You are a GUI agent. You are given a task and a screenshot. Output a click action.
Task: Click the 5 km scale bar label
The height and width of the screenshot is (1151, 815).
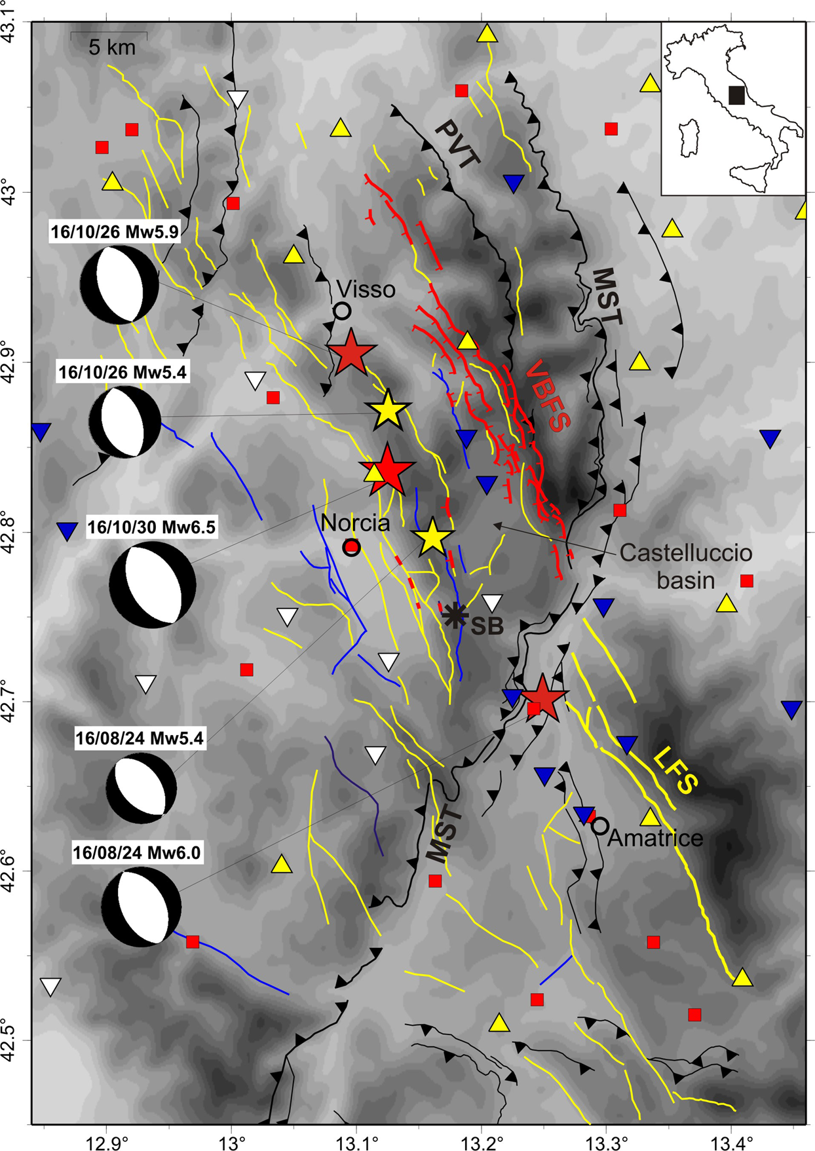[x=112, y=47]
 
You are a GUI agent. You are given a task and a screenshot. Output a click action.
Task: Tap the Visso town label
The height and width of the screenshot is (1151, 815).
[x=366, y=289]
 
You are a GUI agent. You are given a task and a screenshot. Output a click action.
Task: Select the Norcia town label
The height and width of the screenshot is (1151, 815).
[x=355, y=523]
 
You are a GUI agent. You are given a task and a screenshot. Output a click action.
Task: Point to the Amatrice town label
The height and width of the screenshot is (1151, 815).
[x=655, y=838]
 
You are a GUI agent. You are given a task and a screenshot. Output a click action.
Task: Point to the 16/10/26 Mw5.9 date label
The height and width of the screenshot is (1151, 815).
[x=115, y=232]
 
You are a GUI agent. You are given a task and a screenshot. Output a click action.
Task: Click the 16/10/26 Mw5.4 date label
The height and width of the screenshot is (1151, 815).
[x=123, y=372]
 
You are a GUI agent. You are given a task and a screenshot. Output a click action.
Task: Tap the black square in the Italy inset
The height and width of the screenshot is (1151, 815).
[x=736, y=95]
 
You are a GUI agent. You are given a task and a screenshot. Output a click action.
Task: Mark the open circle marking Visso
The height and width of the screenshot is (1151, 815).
[x=341, y=311]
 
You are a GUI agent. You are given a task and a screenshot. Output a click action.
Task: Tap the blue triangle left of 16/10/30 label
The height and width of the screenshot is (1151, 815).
[x=66, y=531]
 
